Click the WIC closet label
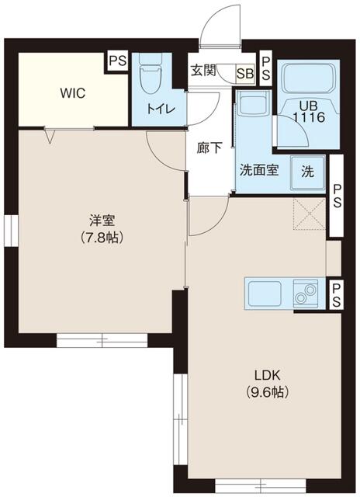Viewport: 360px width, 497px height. (73, 93)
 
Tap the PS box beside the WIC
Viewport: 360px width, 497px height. (118, 61)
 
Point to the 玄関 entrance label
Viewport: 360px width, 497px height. (203, 70)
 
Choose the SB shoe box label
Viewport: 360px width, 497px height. (245, 74)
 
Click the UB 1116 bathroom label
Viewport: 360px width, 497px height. (309, 112)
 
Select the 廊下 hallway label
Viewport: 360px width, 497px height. (209, 148)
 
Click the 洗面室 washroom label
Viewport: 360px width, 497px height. (258, 171)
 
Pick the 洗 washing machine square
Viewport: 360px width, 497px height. (308, 172)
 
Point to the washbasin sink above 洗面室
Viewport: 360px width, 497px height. (252, 103)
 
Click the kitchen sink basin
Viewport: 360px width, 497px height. (265, 294)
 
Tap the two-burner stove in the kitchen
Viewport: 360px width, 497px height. (305, 294)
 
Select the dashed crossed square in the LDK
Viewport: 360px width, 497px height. (309, 214)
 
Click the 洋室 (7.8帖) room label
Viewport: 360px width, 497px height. (102, 228)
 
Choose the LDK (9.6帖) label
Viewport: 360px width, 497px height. (268, 384)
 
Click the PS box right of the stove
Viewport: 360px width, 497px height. (336, 294)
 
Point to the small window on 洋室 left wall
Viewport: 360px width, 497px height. (11, 230)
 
